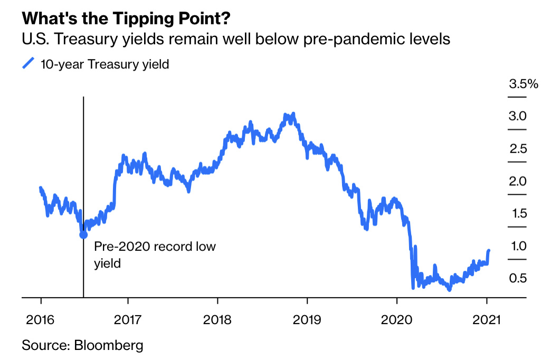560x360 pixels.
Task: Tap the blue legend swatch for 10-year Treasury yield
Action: click(x=27, y=63)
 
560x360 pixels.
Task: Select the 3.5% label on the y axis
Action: click(x=523, y=84)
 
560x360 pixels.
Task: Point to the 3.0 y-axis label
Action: click(x=518, y=116)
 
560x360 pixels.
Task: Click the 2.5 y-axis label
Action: click(x=518, y=148)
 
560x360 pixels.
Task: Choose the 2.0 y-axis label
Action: click(x=518, y=181)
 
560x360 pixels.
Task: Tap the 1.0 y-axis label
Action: click(x=518, y=246)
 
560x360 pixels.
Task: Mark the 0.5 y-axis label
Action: click(x=518, y=278)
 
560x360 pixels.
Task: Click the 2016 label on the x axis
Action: click(x=40, y=319)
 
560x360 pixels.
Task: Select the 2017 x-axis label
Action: click(x=128, y=319)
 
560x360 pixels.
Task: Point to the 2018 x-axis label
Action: click(x=217, y=319)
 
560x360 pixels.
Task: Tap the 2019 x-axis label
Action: click(x=307, y=319)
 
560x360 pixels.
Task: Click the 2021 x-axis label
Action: click(x=486, y=319)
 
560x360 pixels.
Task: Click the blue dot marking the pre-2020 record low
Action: click(x=83, y=234)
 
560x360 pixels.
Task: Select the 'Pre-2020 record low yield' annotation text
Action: click(x=155, y=254)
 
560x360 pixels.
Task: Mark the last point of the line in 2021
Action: click(x=489, y=251)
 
